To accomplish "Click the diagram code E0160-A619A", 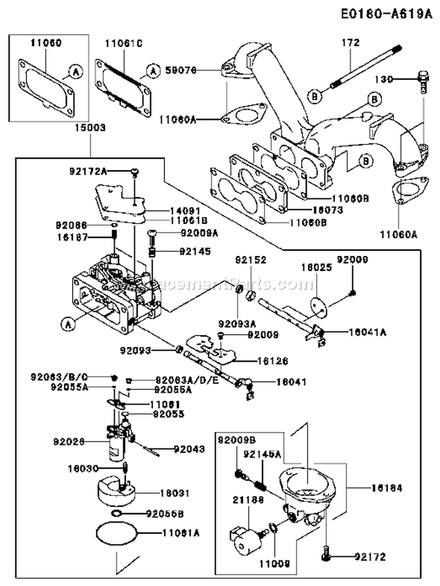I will tap(384, 14).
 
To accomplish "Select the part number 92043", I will tap(189, 450).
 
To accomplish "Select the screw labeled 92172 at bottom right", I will tap(326, 553).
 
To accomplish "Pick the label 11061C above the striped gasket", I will tap(124, 43).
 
